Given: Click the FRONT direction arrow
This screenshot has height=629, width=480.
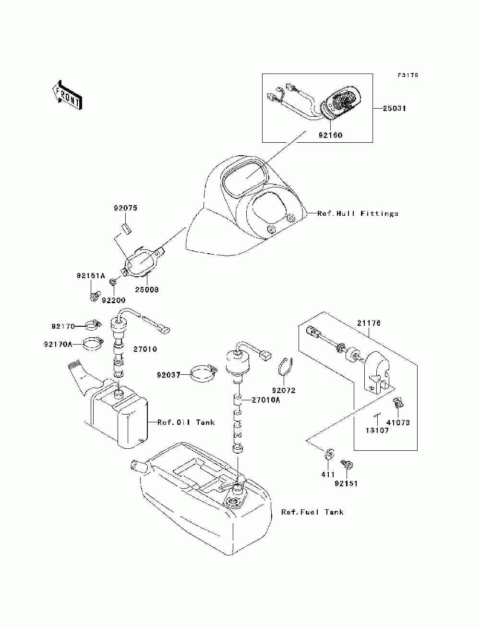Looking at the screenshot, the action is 68,95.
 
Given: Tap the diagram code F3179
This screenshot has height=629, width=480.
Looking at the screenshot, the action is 408,75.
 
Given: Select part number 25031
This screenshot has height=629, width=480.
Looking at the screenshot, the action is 395,108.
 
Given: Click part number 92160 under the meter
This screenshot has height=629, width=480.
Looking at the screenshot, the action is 331,135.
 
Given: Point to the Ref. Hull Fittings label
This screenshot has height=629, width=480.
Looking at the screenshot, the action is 358,213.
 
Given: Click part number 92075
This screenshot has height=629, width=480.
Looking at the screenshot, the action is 126,208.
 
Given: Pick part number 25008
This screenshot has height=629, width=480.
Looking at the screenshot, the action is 147,289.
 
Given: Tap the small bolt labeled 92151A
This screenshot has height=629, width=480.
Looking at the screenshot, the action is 94,296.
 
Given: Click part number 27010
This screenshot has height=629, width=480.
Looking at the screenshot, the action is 145,349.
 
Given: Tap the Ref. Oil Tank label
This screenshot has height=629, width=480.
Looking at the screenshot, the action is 186,422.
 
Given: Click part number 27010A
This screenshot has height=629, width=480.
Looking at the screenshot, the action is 266,400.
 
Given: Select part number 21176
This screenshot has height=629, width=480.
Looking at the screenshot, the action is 369,323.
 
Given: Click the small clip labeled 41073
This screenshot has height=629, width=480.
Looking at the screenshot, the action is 398,402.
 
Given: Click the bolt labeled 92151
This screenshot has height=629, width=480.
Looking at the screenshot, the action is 347,464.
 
